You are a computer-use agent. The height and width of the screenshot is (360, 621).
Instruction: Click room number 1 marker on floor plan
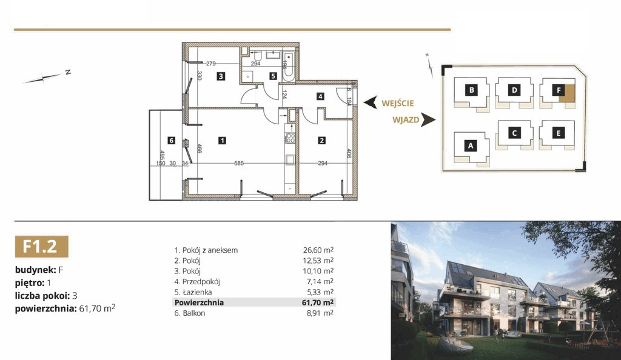222,141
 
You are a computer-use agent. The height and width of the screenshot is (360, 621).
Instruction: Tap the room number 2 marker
321,141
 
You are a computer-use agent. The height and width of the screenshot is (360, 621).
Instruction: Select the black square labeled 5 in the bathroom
273,76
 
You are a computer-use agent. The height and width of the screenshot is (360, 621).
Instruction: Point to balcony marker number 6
171,141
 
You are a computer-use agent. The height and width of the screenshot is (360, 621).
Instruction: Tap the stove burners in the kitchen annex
290,138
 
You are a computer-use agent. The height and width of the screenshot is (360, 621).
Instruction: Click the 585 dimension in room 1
239,163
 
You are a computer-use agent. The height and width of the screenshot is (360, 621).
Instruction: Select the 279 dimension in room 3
210,63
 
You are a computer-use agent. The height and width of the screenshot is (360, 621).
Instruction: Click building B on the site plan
472,90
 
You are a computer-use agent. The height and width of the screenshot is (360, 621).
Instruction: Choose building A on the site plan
471,145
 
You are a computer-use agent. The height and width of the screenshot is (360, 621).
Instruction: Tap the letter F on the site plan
559,90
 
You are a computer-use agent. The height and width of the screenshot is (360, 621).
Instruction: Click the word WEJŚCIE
398,104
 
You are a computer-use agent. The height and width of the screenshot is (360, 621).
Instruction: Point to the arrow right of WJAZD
428,119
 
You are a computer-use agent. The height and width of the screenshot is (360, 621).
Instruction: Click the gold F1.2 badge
42,247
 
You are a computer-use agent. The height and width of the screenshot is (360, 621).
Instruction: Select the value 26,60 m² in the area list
318,250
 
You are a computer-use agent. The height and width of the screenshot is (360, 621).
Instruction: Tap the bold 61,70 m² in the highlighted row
318,302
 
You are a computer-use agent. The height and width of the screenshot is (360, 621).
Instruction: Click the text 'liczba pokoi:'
42,296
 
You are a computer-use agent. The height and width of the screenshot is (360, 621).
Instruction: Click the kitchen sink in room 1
290,160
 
